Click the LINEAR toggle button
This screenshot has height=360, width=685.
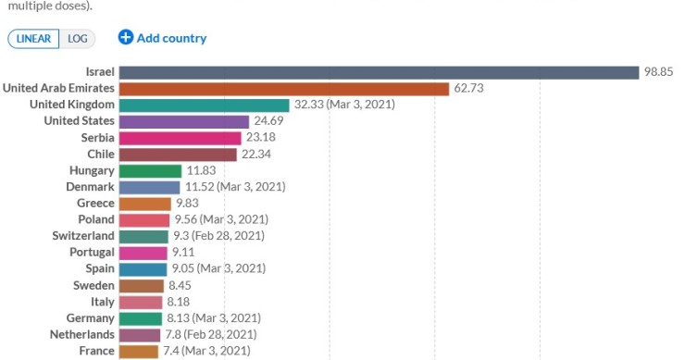33,38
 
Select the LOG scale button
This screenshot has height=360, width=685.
77,38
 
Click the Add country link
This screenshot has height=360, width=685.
171,38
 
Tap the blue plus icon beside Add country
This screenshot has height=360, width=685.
126,38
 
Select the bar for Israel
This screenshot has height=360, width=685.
379,72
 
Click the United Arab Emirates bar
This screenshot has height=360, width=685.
283,89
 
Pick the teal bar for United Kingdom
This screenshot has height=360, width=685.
204,105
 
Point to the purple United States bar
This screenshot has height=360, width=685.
184,121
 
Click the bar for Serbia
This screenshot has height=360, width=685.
180,138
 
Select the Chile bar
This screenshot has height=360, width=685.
178,154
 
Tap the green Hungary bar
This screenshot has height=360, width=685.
150,170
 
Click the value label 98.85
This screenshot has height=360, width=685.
661,72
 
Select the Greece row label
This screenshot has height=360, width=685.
95,204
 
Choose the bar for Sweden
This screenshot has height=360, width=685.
142,285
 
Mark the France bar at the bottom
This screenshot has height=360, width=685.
139,351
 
